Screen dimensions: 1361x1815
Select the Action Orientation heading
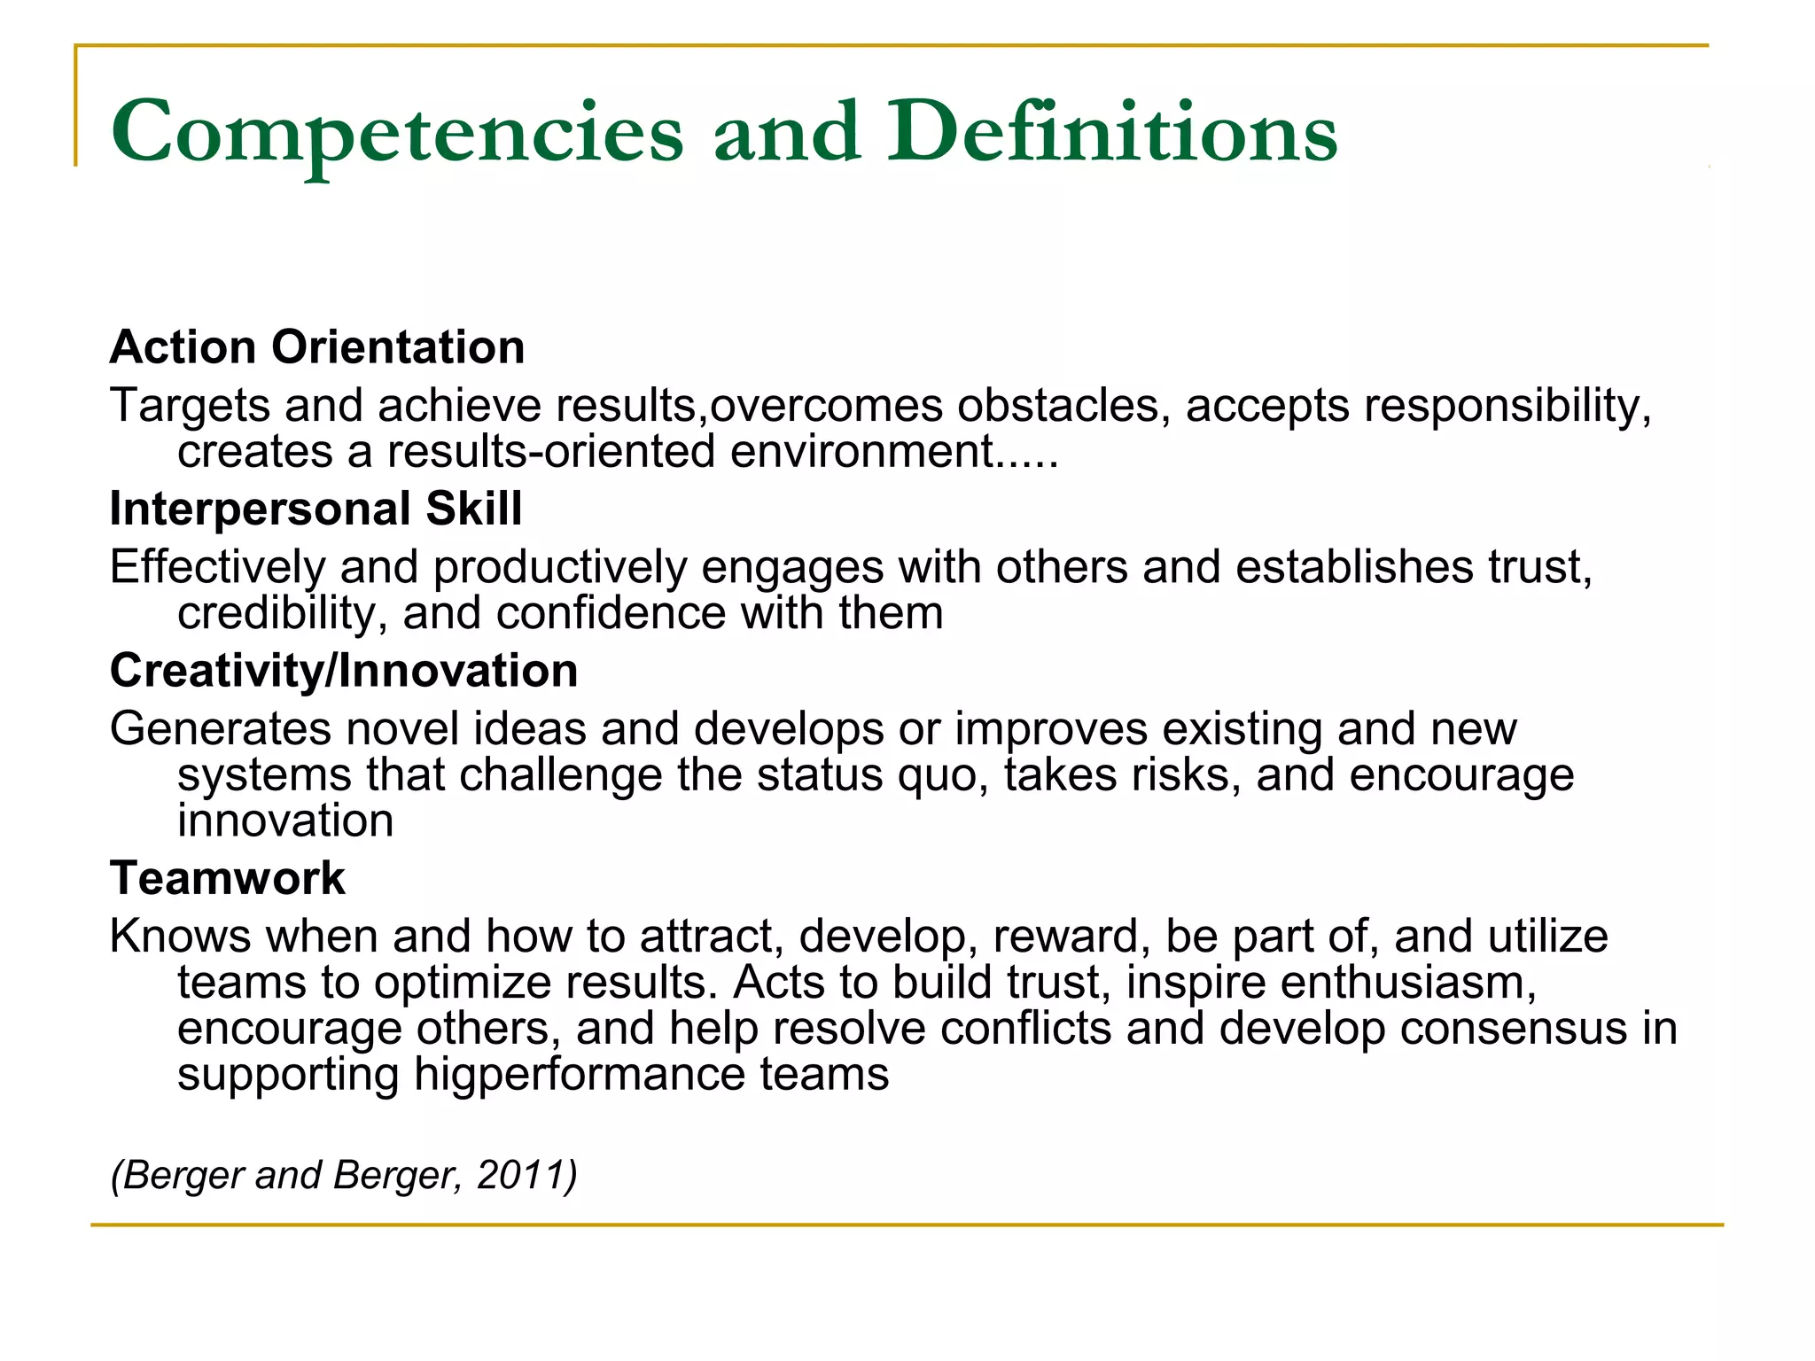317,346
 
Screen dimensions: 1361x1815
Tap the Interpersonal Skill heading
315,509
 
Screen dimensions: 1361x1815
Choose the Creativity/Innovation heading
344,670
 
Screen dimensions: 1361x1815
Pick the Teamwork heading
228,878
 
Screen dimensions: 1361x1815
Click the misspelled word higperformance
580,1074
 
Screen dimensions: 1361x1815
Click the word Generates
221,728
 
